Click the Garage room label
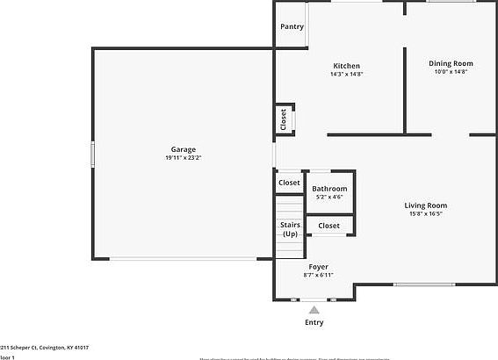click(x=184, y=149)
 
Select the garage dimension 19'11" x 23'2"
click(x=184, y=158)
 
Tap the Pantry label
click(x=292, y=27)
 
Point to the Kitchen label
click(x=346, y=66)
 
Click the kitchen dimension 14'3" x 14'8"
click(x=346, y=75)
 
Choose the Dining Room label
click(x=451, y=63)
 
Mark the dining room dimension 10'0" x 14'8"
click(x=451, y=72)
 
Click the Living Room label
click(x=426, y=205)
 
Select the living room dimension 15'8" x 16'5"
click(x=426, y=214)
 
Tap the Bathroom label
click(x=329, y=189)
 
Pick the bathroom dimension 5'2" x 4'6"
click(x=329, y=198)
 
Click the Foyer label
click(x=318, y=266)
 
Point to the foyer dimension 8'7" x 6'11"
click(x=318, y=275)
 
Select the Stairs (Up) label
click(x=290, y=230)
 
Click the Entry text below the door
click(x=314, y=322)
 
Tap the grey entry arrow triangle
click(x=314, y=309)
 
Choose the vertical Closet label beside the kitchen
click(x=283, y=119)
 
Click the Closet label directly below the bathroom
click(x=328, y=226)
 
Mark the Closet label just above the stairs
click(x=289, y=183)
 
